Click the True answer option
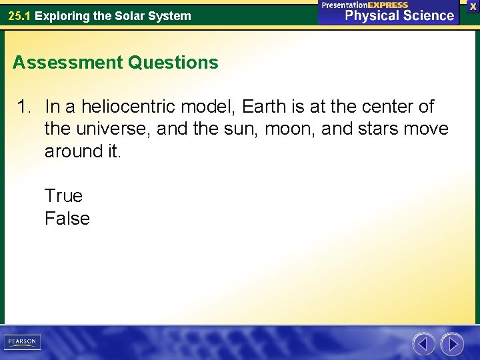click(x=63, y=196)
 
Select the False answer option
click(x=67, y=219)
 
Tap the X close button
click(x=473, y=5)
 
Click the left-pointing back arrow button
click(x=423, y=344)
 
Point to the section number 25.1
click(x=19, y=15)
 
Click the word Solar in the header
click(x=131, y=15)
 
